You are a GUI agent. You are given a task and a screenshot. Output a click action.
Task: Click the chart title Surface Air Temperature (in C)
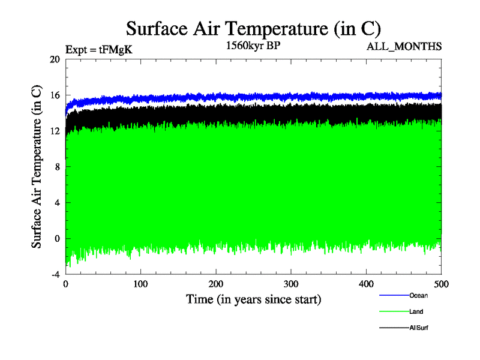tap(253, 28)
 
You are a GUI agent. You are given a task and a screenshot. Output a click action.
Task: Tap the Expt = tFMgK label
tap(98, 50)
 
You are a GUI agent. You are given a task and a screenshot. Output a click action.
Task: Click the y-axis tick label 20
tap(55, 59)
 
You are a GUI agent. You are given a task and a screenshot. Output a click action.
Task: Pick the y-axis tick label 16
tap(55, 95)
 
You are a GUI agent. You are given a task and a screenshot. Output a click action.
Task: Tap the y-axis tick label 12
tap(55, 131)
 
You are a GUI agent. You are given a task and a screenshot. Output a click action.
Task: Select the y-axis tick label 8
tap(57, 167)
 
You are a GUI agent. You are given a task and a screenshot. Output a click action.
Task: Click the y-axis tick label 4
tap(57, 202)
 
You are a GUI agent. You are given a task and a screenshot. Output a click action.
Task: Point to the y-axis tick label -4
tap(55, 274)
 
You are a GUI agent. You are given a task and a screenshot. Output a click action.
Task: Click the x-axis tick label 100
tap(140, 284)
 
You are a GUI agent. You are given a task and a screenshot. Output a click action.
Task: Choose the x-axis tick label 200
tap(216, 284)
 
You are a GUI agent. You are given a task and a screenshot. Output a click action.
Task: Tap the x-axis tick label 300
tap(291, 284)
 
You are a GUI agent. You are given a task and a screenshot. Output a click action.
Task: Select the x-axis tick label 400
tap(366, 284)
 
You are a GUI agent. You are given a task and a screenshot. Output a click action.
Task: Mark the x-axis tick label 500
tap(441, 284)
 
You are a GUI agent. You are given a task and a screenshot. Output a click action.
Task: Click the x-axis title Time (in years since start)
tap(253, 299)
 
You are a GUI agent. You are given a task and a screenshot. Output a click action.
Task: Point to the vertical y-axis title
tap(37, 167)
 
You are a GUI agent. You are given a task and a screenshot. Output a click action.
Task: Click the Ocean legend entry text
tap(418, 295)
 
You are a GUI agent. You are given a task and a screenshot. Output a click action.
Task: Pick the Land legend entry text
tap(416, 312)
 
